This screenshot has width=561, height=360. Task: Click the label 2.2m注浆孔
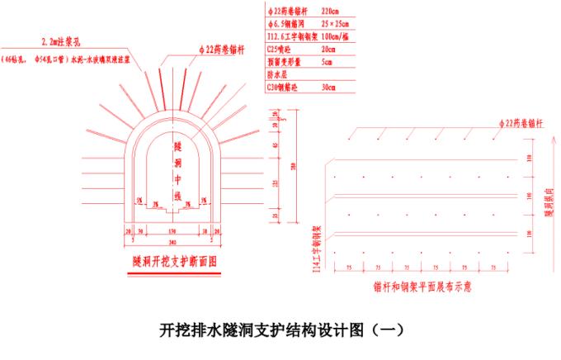[x=61, y=40]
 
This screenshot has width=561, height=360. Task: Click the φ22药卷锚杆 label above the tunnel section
[x=220, y=50]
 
